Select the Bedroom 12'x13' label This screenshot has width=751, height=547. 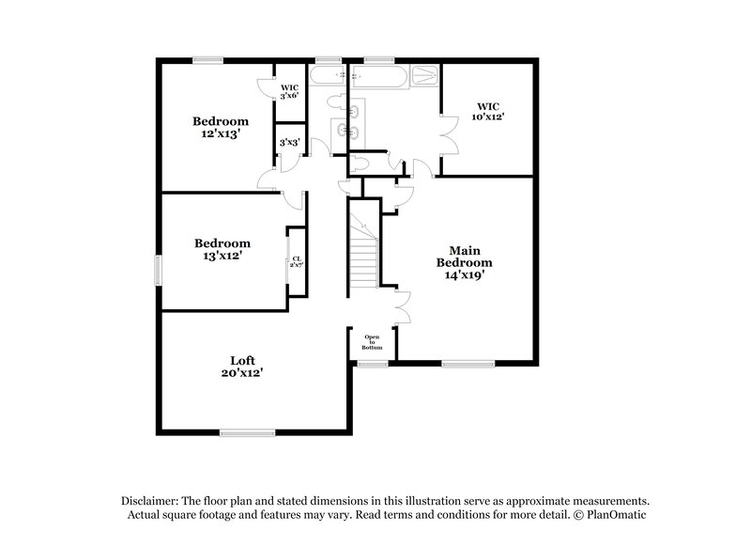pyautogui.click(x=221, y=127)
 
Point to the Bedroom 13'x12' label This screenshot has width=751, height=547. pyautogui.click(x=222, y=248)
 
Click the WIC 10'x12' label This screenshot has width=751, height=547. pyautogui.click(x=489, y=112)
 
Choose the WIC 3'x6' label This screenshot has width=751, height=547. pyautogui.click(x=290, y=92)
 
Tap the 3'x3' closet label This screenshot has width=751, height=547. pyautogui.click(x=289, y=143)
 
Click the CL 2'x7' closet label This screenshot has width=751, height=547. pyautogui.click(x=296, y=261)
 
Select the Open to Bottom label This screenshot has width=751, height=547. pyautogui.click(x=373, y=341)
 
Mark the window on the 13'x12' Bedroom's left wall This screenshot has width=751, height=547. pyautogui.click(x=158, y=269)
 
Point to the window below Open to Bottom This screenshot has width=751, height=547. pyautogui.click(x=373, y=363)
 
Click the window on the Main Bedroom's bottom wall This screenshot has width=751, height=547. pyautogui.click(x=468, y=363)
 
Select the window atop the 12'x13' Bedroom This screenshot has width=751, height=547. pyautogui.click(x=207, y=61)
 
